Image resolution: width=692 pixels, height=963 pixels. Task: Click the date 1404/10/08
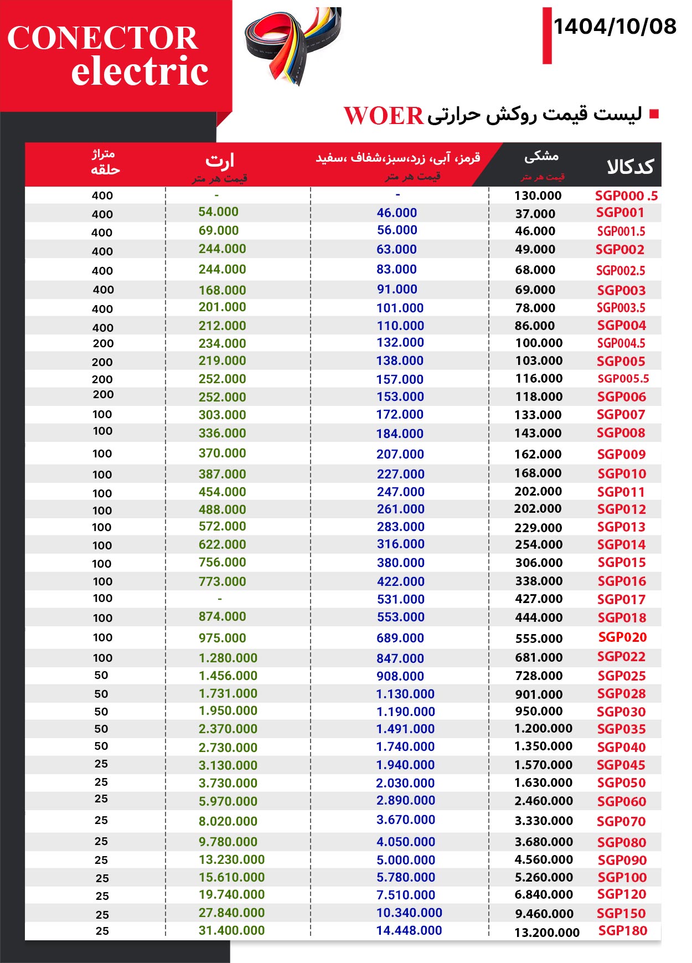point(614,27)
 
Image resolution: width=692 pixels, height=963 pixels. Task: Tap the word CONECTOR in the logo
point(102,38)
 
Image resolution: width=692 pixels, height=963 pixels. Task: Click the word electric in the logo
point(140,72)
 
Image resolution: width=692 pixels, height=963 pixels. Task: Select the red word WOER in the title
point(384,116)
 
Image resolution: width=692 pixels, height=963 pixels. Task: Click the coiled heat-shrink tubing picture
point(293,44)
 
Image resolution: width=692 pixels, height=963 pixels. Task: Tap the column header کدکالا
point(630,166)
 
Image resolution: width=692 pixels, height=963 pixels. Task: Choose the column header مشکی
point(541,157)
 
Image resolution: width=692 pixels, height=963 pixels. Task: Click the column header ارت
point(220,161)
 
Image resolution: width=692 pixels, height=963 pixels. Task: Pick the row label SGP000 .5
point(626,195)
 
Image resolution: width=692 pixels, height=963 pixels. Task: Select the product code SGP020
point(622,637)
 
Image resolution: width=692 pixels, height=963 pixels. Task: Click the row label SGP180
point(622,931)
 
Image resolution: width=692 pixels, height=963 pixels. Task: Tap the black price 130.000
point(538,195)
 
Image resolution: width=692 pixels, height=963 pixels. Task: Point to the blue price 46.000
point(396,213)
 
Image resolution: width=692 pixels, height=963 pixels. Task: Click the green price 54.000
point(218,212)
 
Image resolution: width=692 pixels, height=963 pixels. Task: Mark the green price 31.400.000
point(231,931)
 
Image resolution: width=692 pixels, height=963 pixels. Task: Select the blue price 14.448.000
point(409,931)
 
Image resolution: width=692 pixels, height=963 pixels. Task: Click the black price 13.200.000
point(546,933)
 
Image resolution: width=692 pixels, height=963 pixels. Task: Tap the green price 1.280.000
point(228,658)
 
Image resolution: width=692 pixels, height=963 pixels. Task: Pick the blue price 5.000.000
point(405,860)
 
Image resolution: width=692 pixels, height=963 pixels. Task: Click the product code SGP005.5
point(623,379)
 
